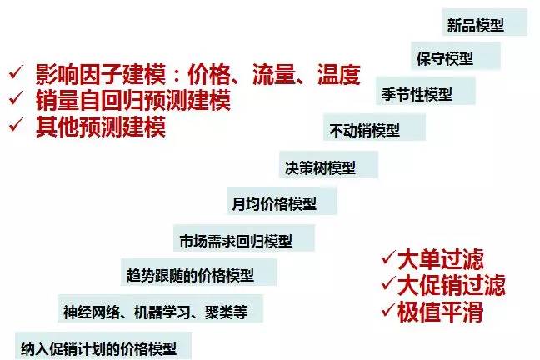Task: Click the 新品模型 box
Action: point(476,25)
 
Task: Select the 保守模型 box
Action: point(445,58)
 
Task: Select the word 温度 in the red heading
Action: point(338,77)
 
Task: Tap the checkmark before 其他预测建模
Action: point(14,127)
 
